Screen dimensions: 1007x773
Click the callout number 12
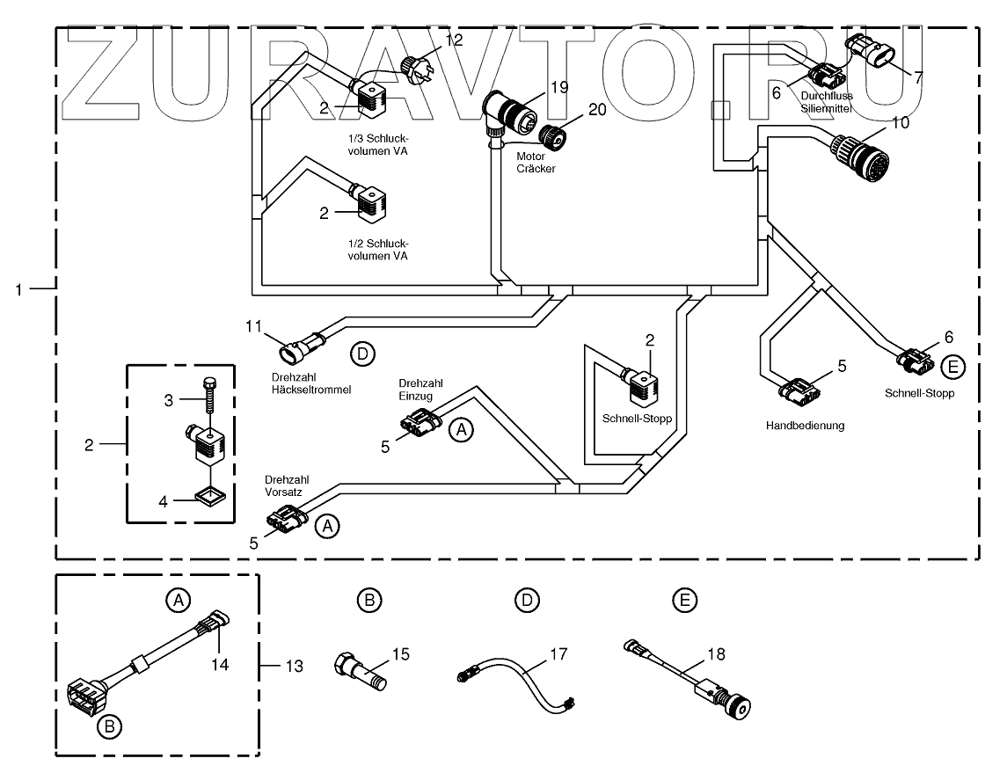[454, 40]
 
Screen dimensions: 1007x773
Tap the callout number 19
[559, 87]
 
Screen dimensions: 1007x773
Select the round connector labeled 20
[552, 136]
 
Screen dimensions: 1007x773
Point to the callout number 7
[918, 77]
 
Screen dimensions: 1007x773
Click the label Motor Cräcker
[536, 163]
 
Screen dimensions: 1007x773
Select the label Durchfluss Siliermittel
[827, 102]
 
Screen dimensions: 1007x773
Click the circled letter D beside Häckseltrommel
[363, 354]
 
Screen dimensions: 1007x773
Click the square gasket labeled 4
[211, 496]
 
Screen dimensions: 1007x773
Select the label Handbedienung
[805, 425]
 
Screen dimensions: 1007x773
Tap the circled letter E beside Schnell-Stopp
[952, 367]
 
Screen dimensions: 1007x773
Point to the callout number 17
[558, 653]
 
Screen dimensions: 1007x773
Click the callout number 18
[716, 653]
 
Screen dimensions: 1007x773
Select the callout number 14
[220, 664]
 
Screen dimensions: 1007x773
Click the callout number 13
[294, 666]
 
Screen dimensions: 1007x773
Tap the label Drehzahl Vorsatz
[287, 485]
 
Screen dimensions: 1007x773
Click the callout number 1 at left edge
[18, 290]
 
